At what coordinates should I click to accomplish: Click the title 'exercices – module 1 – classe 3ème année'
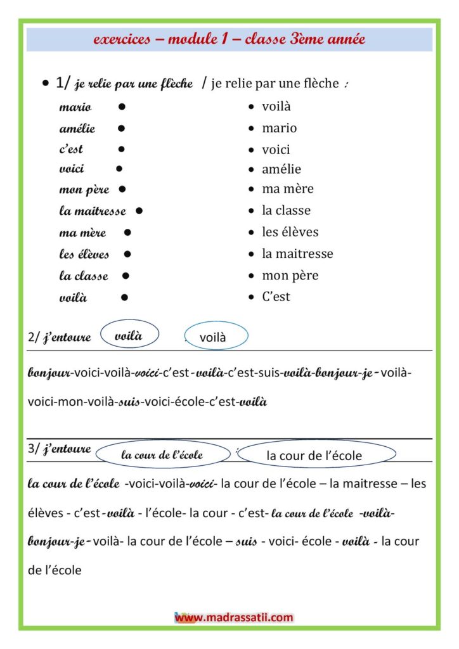coord(229,39)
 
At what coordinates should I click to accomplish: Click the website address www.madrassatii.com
coord(234,617)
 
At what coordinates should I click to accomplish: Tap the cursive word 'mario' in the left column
coord(75,107)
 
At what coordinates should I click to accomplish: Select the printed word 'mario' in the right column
coord(279,128)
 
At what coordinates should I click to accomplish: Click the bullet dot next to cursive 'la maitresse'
coord(139,210)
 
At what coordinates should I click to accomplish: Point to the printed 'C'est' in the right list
coord(276,297)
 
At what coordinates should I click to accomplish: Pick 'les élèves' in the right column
coord(290,232)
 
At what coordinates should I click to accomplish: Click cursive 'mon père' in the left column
coord(84,190)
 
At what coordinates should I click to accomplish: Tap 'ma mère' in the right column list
coord(288,189)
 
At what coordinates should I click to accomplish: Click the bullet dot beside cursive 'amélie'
coord(121,128)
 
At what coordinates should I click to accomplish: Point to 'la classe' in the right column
coord(287,210)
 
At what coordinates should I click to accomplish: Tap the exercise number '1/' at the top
coord(64,82)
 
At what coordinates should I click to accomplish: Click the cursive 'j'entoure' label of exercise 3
coord(67,450)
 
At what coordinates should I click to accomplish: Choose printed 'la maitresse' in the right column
coord(297,254)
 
